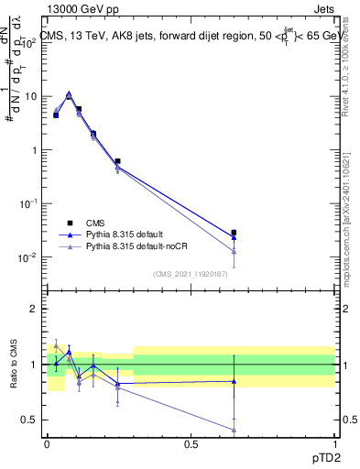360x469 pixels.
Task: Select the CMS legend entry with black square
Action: [68, 222]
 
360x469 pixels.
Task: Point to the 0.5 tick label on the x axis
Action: [191, 444]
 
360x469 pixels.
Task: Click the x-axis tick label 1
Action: [333, 444]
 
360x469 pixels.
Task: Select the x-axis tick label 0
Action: [48, 444]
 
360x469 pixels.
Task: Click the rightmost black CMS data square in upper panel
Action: [234, 233]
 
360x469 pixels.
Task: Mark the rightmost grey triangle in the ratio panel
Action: [234, 430]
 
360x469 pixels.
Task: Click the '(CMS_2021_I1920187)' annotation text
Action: [191, 273]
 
